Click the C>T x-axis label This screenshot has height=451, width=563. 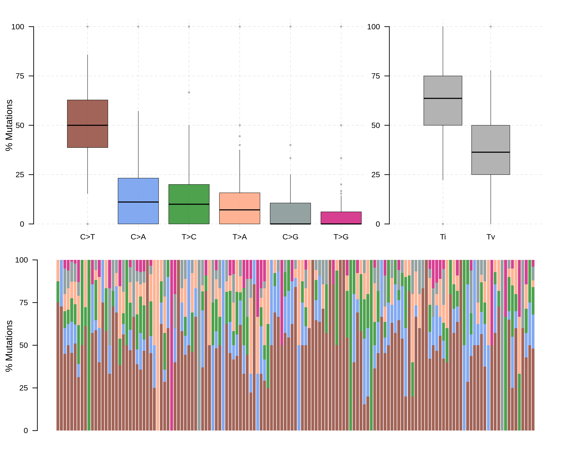click(87, 237)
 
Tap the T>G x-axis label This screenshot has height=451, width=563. click(341, 237)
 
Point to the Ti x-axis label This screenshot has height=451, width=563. click(443, 237)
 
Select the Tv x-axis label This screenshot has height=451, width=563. click(490, 237)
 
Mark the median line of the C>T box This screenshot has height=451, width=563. click(87, 125)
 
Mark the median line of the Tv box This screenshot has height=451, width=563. click(490, 152)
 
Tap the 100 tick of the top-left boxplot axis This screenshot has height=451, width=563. click(18, 27)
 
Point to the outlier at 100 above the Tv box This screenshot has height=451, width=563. click(490, 27)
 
